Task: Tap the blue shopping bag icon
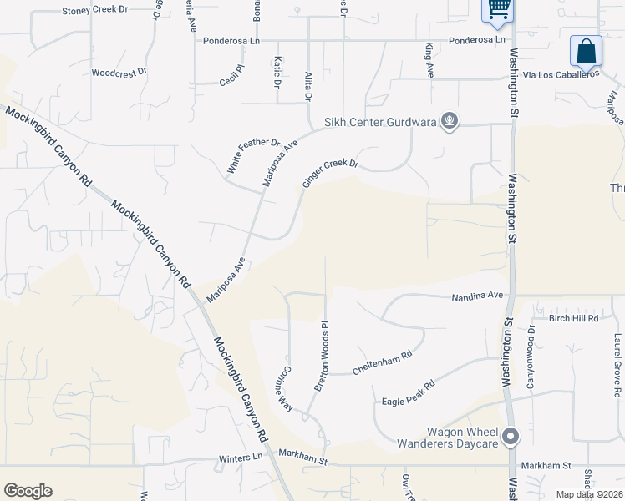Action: (587, 51)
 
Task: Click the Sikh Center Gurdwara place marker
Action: (450, 122)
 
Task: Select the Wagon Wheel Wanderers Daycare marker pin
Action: (511, 436)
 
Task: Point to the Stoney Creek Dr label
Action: (95, 11)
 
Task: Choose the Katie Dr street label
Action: (276, 73)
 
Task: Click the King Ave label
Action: (429, 57)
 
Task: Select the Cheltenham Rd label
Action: (383, 362)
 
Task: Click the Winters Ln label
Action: (241, 457)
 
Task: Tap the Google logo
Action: (28, 491)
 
